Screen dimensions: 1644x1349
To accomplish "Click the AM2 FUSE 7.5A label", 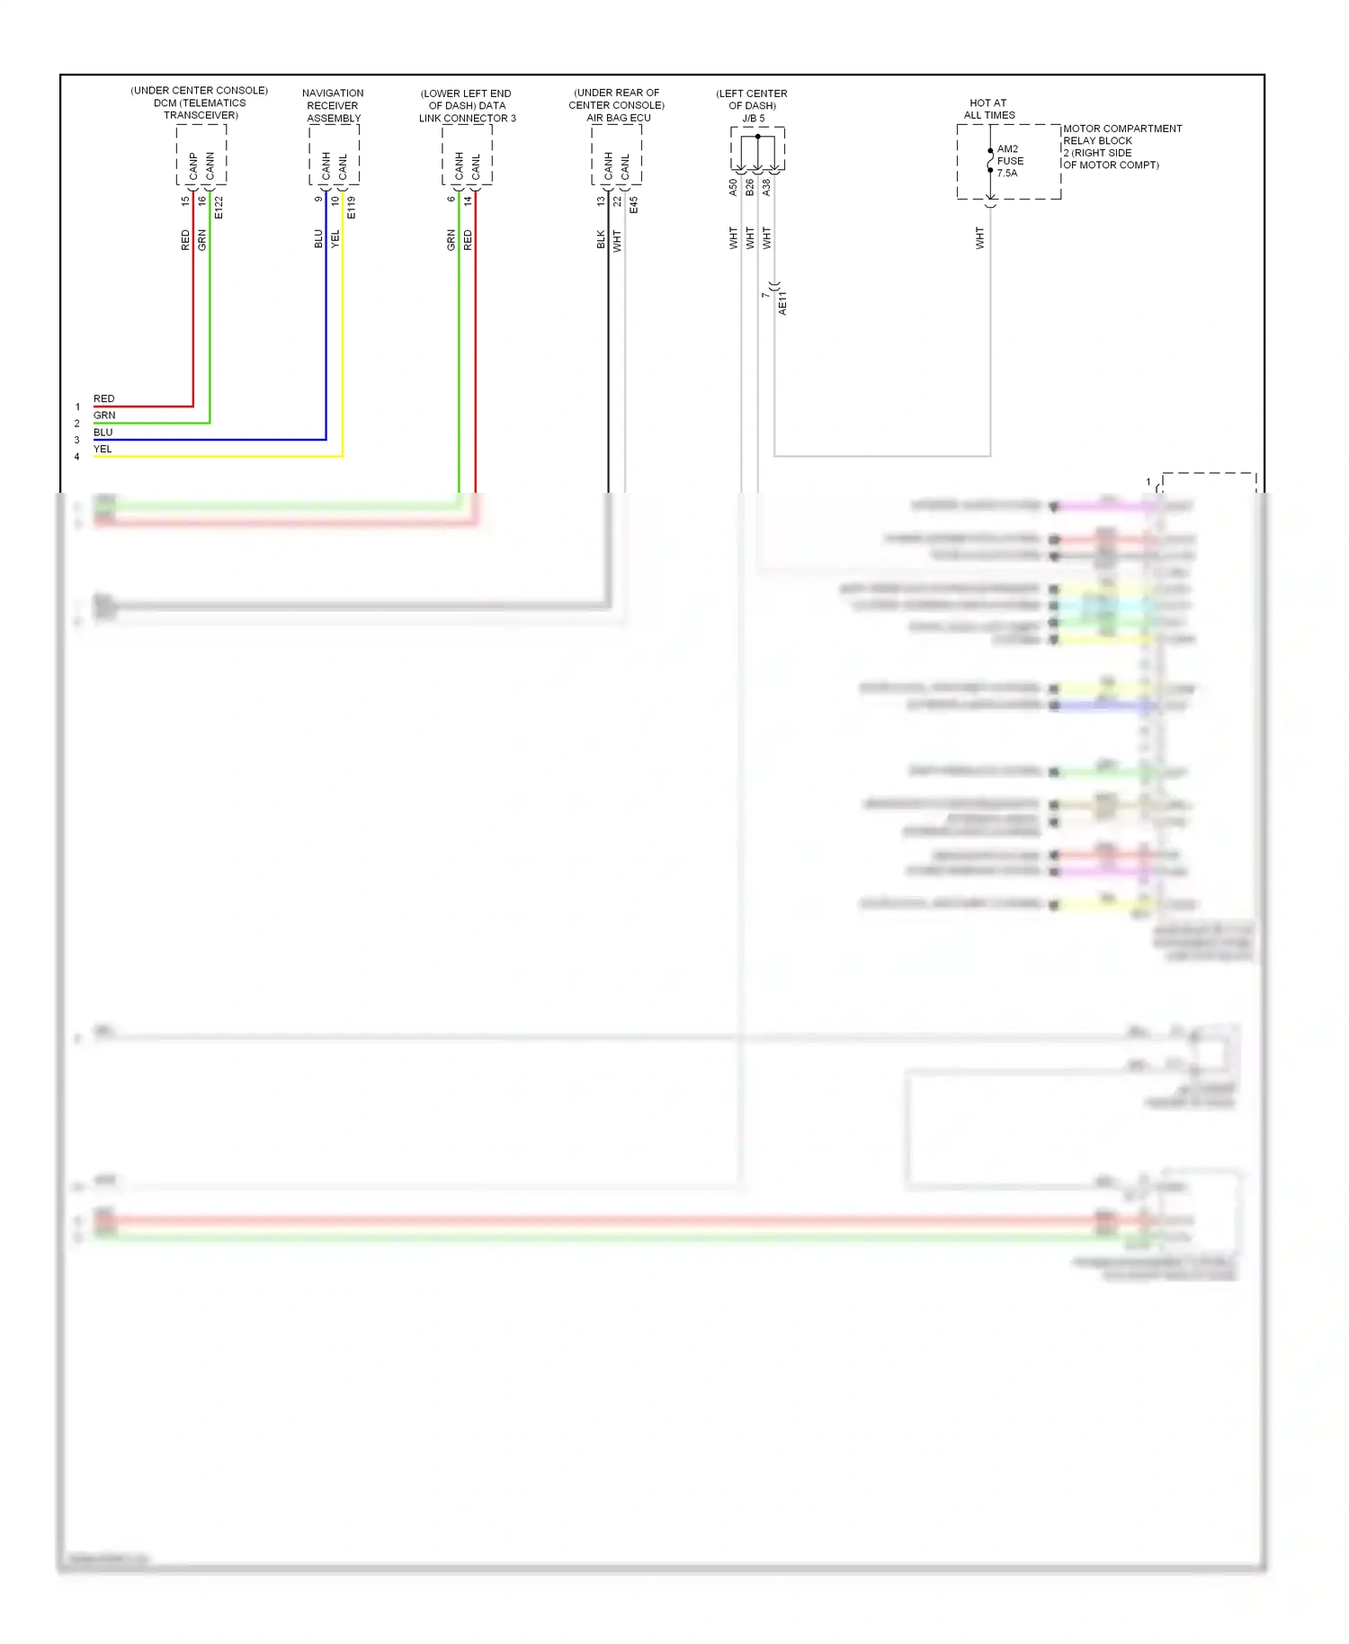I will tap(1009, 161).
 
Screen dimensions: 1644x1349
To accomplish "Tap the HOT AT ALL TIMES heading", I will tap(988, 109).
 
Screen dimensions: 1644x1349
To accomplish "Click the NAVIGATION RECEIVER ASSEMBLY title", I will tap(333, 105).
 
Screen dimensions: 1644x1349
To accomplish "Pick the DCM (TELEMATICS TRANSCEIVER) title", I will tap(200, 103).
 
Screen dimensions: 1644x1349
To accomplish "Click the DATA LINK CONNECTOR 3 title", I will tap(467, 105).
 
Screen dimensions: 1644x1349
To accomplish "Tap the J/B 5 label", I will tap(753, 118).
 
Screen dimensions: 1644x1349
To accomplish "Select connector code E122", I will tap(219, 207).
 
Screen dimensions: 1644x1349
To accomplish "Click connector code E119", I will tap(352, 207).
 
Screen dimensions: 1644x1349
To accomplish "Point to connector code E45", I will tap(634, 204).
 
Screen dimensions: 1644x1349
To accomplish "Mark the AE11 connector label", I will tap(782, 302).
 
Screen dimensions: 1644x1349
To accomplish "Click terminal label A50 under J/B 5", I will tap(733, 187).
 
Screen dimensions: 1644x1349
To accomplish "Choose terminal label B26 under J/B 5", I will tap(750, 187).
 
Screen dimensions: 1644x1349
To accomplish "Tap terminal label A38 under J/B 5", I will tap(766, 187).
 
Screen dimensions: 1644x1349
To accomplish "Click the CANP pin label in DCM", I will tap(193, 165).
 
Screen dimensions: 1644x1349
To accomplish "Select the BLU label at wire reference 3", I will tap(103, 432).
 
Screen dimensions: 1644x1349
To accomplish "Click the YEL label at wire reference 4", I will tap(103, 449).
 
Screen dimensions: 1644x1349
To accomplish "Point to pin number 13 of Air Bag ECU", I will tap(601, 201).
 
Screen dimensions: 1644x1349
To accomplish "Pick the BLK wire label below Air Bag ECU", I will tap(601, 239).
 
